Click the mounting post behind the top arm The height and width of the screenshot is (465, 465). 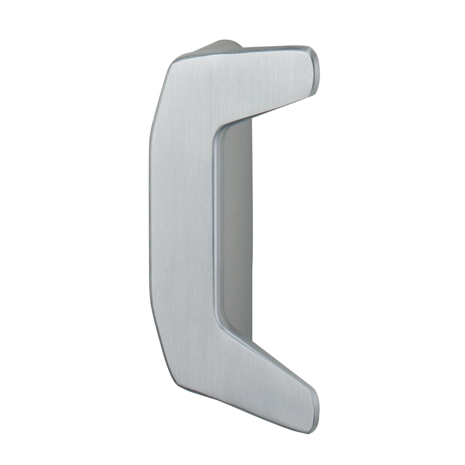pos(222,45)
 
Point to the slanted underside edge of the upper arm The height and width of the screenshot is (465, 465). pos(271,109)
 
